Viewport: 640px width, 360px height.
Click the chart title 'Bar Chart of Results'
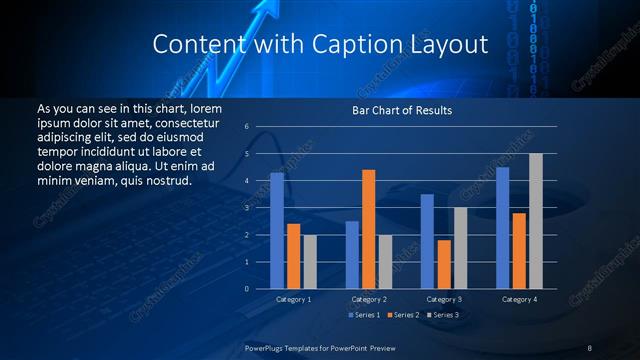(401, 110)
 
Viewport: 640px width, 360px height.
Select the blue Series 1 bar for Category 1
(277, 231)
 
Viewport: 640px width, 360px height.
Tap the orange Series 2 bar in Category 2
(368, 229)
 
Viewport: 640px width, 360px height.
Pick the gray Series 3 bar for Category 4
(536, 221)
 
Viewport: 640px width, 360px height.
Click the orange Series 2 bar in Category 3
(444, 264)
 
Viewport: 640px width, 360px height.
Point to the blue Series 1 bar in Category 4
(503, 228)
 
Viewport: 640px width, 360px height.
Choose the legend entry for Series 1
(363, 314)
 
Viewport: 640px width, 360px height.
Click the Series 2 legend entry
(402, 314)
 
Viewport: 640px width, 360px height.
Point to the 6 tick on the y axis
(246, 127)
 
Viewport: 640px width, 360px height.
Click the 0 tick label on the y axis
(246, 289)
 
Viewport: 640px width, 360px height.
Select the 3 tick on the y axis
(246, 208)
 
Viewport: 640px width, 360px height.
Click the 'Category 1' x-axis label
(294, 299)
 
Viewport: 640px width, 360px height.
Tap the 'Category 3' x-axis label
(444, 299)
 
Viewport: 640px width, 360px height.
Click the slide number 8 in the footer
(589, 348)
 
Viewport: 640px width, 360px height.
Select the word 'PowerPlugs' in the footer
(265, 348)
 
